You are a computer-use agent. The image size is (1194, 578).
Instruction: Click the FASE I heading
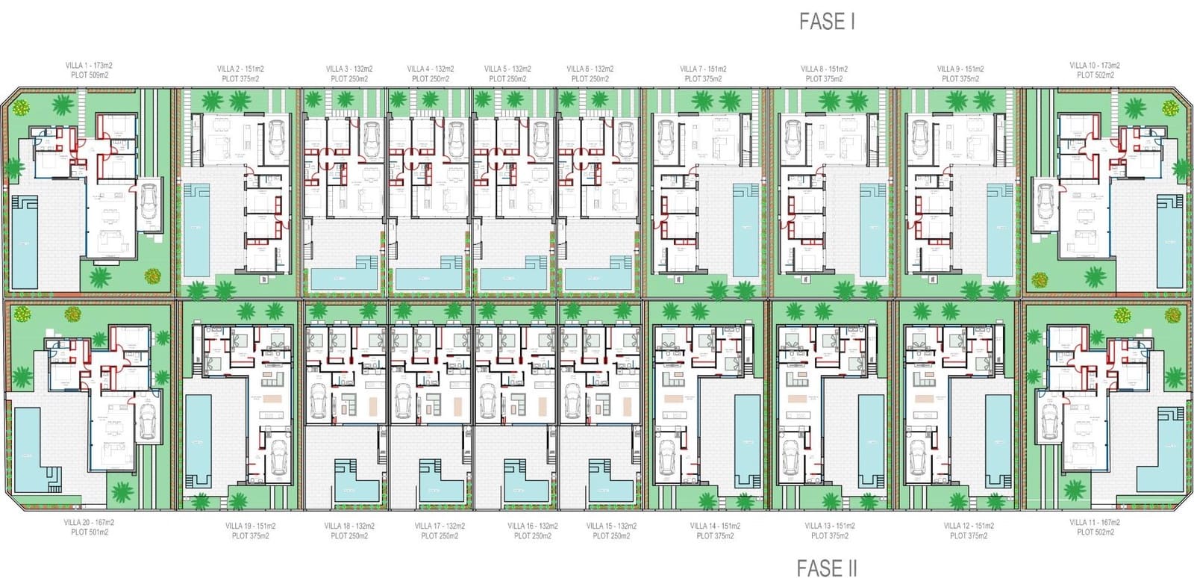(x=827, y=22)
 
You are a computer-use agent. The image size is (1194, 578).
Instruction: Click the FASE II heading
(x=827, y=568)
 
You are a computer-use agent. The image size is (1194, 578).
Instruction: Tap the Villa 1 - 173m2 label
(x=89, y=66)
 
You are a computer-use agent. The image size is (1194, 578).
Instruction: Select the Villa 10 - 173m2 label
(x=1095, y=66)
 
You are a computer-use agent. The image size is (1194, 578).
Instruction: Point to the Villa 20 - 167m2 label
(x=89, y=523)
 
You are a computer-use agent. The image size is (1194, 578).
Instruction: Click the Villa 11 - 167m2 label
(x=1095, y=523)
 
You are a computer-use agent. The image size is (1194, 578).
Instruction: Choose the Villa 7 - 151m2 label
(x=703, y=69)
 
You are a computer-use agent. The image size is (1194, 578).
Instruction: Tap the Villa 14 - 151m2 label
(x=715, y=526)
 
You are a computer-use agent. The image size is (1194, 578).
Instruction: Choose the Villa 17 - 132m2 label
(x=440, y=526)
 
